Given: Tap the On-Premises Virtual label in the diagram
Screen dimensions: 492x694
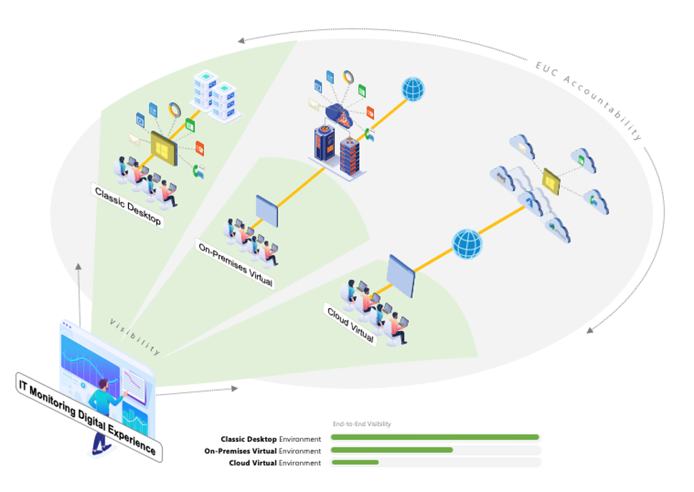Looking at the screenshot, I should pyautogui.click(x=235, y=264).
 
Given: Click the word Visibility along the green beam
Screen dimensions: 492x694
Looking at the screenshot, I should pyautogui.click(x=135, y=337).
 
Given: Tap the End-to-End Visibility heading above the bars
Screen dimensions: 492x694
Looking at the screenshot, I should pyautogui.click(x=362, y=424).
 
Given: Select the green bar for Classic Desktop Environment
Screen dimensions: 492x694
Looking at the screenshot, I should pyautogui.click(x=434, y=437).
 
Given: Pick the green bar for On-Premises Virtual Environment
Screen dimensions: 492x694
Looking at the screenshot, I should pyautogui.click(x=392, y=450).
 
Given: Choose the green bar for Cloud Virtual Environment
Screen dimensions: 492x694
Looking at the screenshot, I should pyautogui.click(x=355, y=463).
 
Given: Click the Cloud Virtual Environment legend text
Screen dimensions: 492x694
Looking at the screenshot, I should pyautogui.click(x=274, y=463).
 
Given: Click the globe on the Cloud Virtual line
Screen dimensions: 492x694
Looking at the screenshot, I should pyautogui.click(x=467, y=243).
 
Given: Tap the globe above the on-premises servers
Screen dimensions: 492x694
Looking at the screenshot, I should pyautogui.click(x=413, y=90).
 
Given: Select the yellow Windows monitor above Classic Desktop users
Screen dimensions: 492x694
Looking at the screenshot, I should pyautogui.click(x=163, y=149).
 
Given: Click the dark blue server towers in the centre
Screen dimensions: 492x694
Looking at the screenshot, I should pyautogui.click(x=337, y=150).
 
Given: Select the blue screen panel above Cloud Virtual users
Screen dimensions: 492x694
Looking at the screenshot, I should pyautogui.click(x=400, y=276).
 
